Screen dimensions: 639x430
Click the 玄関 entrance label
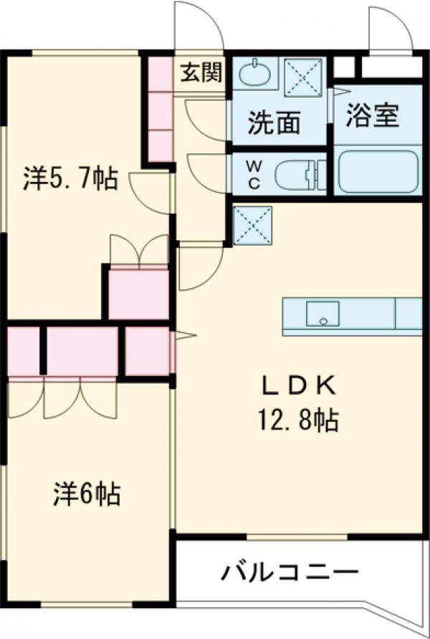(x=201, y=72)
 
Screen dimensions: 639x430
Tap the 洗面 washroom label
(x=274, y=124)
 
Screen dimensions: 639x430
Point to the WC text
(x=254, y=174)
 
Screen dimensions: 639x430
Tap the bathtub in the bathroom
(x=377, y=172)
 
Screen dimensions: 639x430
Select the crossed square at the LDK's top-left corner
(x=252, y=224)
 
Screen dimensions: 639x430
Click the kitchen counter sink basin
(x=322, y=313)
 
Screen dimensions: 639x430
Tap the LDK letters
(x=297, y=387)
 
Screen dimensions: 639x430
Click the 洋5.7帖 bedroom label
(x=70, y=178)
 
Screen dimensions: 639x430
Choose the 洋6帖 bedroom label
(x=86, y=494)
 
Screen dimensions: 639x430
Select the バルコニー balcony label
(x=290, y=573)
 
